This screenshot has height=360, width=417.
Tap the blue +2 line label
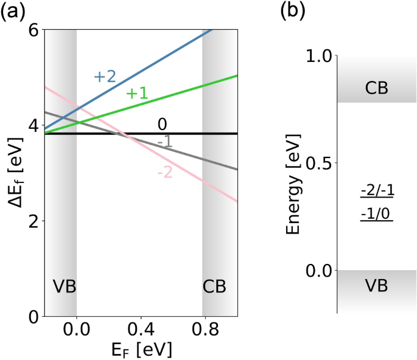click(x=105, y=77)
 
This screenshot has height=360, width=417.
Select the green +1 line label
click(x=137, y=93)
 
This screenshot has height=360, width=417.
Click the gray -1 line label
click(x=163, y=142)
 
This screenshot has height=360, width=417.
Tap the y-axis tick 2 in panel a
click(x=35, y=221)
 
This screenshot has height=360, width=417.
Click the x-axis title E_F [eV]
click(x=141, y=351)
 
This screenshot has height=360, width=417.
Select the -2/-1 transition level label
click(x=377, y=192)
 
